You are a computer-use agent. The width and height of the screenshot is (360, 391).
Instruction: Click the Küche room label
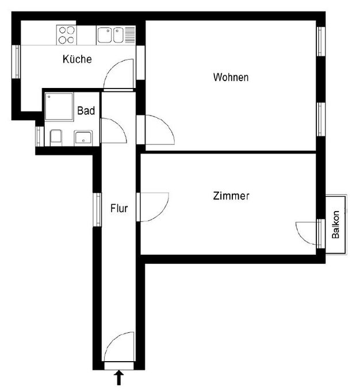point(77,59)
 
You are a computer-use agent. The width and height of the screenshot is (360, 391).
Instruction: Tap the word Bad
point(86,111)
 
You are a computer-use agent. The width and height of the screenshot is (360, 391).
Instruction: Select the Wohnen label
point(231,77)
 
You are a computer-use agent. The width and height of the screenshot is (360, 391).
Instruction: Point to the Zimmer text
point(231,196)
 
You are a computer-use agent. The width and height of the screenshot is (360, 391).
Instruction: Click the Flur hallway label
point(119,208)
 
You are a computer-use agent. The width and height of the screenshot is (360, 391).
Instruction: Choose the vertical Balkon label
point(336,225)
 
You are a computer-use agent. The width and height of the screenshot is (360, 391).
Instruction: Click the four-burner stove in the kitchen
point(67,34)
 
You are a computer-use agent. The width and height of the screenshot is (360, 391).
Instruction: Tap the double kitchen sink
point(111,35)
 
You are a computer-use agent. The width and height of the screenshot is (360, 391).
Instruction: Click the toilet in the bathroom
point(56,137)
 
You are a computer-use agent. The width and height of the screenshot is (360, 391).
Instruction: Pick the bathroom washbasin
point(83,138)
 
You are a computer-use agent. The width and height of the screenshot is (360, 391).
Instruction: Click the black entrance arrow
point(119,378)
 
